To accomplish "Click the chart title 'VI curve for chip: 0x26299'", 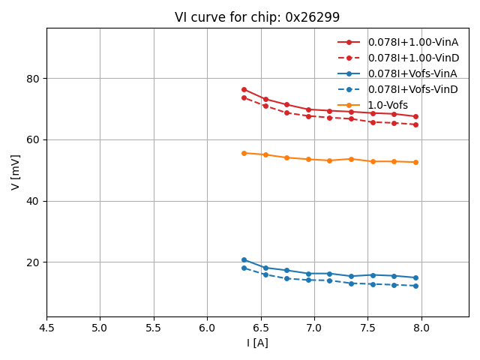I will tap(257, 17).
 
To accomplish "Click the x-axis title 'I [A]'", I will tap(257, 343).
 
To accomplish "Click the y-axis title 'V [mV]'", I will tap(16, 172).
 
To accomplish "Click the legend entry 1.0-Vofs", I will tap(388, 105).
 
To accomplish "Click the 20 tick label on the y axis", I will tap(34, 262).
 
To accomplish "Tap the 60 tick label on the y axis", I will tap(34, 140).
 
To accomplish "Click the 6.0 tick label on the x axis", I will tap(207, 328).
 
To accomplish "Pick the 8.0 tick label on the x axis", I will tap(421, 328).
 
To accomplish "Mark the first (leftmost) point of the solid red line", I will tap(244, 89).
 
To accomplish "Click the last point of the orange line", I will tap(415, 162).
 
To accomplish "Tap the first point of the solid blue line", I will tap(244, 259).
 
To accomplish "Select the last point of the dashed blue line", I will tap(415, 286).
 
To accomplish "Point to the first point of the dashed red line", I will tap(244, 97).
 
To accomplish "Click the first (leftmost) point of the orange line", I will tap(244, 153).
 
